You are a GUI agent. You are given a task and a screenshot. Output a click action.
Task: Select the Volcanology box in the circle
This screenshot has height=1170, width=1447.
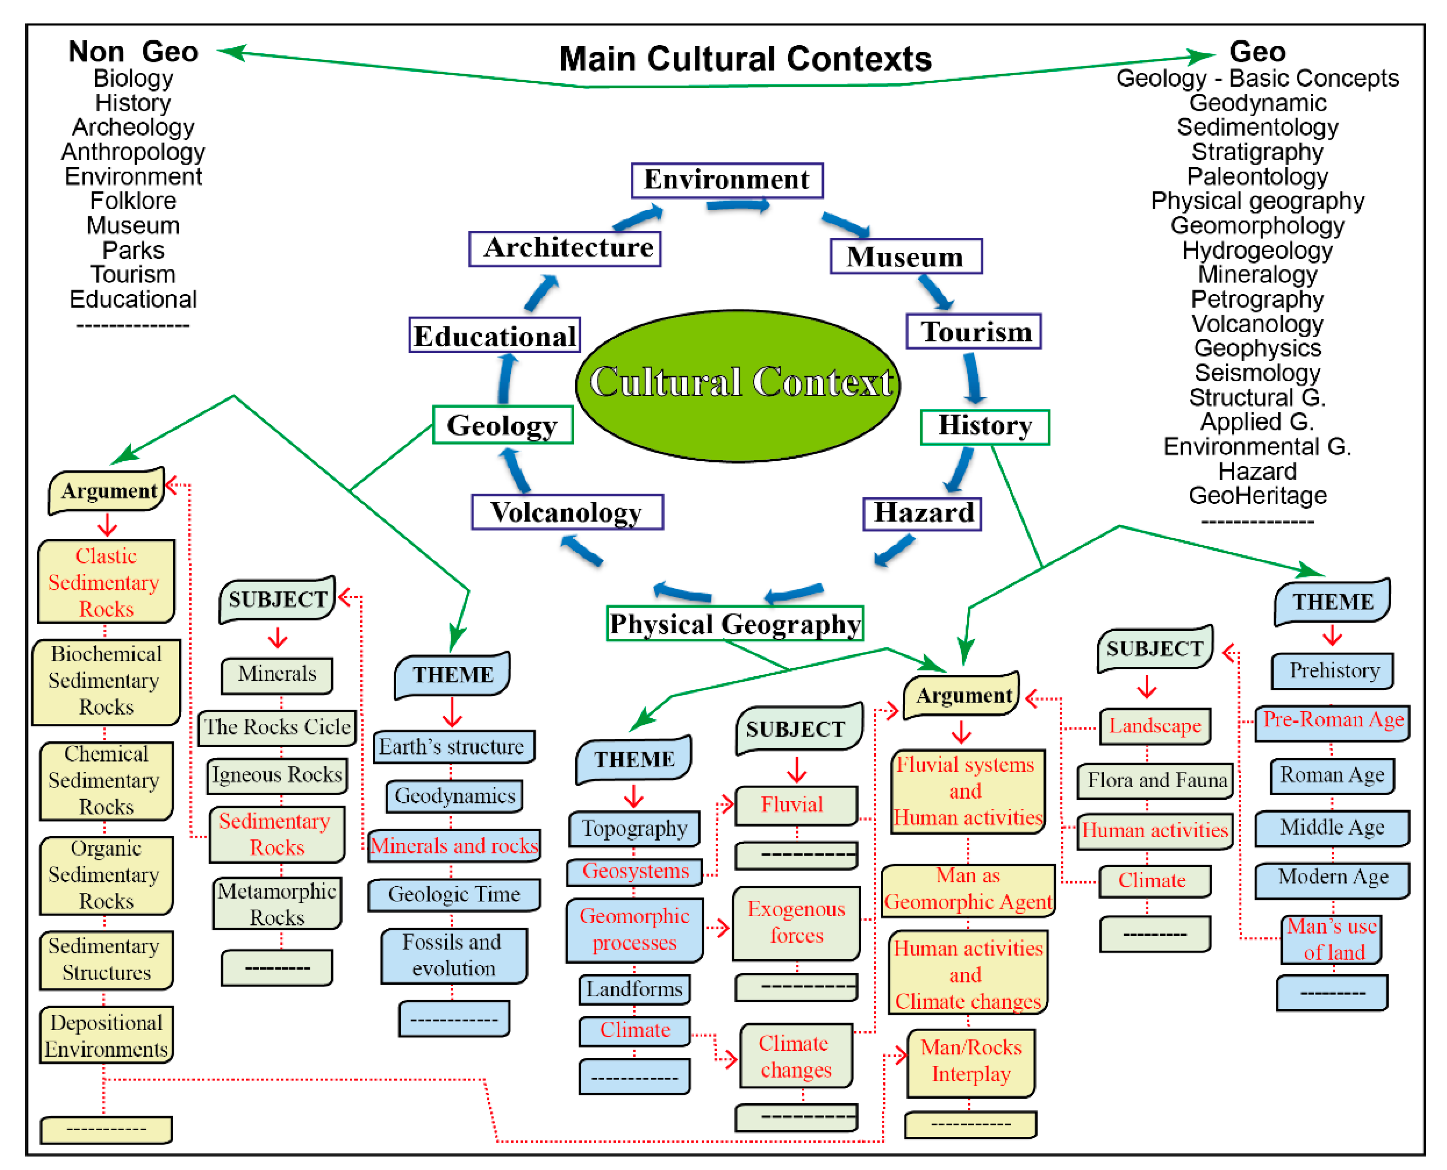[x=567, y=512]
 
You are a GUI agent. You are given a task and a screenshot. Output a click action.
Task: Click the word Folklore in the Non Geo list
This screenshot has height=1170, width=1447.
[x=133, y=201]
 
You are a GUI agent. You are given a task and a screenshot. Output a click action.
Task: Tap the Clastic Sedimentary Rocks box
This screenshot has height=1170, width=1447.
[x=106, y=582]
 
